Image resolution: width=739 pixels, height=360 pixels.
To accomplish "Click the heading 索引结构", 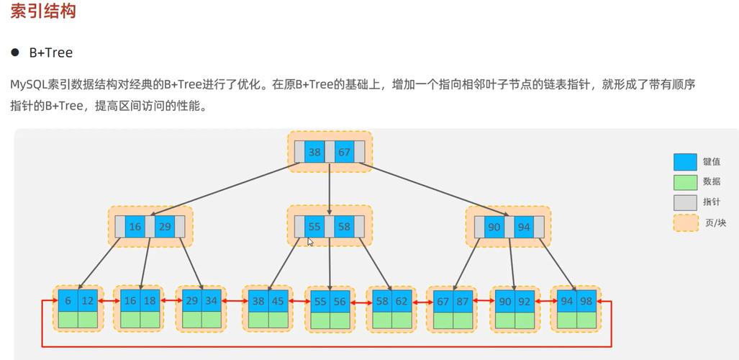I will point(43,12).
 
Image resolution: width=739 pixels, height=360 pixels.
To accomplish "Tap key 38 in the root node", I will point(314,152).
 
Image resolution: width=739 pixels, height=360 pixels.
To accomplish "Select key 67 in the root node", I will point(345,152).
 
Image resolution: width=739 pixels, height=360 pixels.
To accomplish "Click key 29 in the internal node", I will point(165,227).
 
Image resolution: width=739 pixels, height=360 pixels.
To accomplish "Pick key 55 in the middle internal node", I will point(314,226).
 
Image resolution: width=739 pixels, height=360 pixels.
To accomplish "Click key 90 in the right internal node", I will point(494,227).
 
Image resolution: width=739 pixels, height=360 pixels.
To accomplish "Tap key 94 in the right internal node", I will point(524,227).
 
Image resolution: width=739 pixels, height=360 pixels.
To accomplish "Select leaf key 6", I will point(68,301).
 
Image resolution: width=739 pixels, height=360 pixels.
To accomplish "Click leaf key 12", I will point(87,301).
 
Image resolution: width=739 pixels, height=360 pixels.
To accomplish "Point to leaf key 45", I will point(278,302).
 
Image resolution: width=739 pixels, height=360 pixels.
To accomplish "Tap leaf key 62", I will point(402,302).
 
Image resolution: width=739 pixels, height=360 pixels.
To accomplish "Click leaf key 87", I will point(462,302).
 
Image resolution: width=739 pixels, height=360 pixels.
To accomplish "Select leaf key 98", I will point(586,302).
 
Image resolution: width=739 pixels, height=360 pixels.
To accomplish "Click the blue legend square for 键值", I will point(684,162).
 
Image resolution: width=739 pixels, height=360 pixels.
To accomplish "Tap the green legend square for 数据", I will point(684,182).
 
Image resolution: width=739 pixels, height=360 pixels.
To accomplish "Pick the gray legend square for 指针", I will point(684,202).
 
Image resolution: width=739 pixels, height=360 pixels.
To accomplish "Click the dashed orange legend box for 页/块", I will point(684,222).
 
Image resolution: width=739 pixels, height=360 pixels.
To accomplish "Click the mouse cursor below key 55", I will point(310,242).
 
